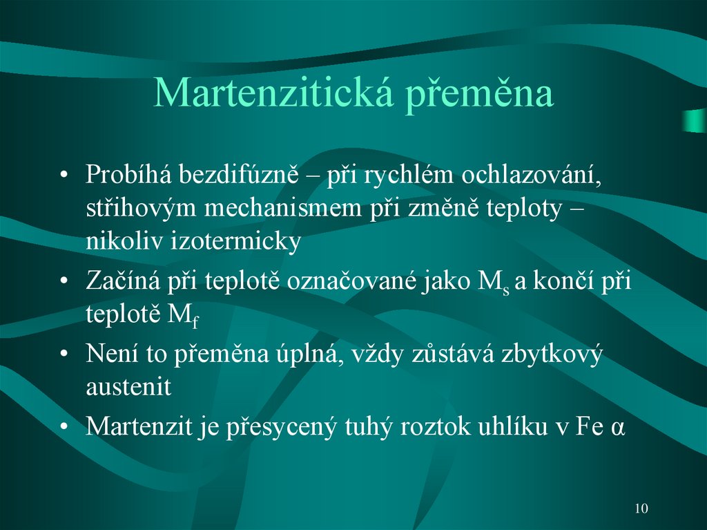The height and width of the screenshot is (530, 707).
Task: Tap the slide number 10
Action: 641,509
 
